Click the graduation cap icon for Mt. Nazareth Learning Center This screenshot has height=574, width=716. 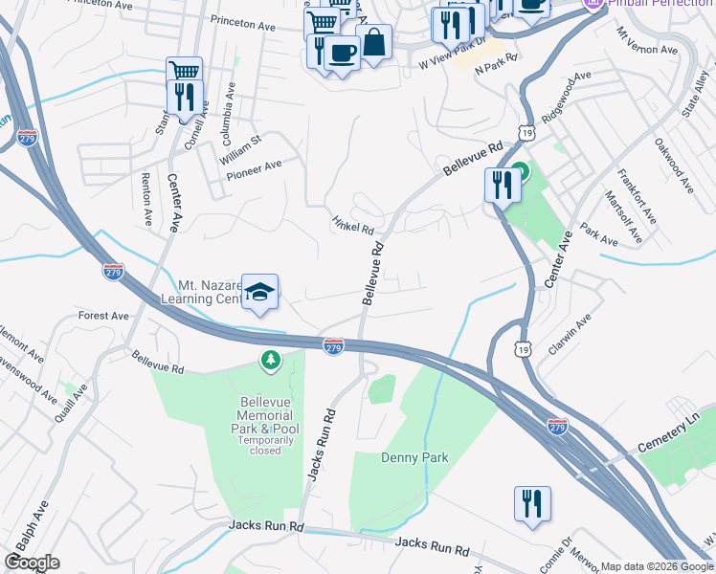pyautogui.click(x=259, y=292)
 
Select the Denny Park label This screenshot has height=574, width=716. pyautogui.click(x=414, y=457)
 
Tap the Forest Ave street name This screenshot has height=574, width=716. pyautogui.click(x=103, y=316)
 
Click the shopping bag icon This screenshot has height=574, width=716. pyautogui.click(x=374, y=42)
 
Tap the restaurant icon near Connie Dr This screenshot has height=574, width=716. pyautogui.click(x=532, y=503)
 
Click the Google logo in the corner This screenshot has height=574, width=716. pyautogui.click(x=32, y=563)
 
